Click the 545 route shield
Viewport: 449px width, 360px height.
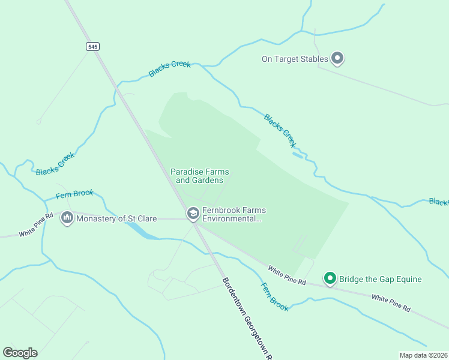(x=92, y=47)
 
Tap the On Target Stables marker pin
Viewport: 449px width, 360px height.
(x=337, y=58)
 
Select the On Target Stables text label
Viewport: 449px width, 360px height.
(x=295, y=59)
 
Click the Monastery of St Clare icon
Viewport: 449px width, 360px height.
(x=67, y=218)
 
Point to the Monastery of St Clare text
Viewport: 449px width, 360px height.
(x=116, y=218)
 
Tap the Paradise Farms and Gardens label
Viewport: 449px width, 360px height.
(x=199, y=176)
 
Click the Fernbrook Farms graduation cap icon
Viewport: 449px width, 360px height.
(x=193, y=213)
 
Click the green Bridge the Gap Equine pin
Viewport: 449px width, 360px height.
(x=330, y=278)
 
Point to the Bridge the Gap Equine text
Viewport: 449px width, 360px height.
(x=380, y=279)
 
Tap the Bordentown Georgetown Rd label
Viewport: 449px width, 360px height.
(x=246, y=318)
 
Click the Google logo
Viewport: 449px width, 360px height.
(x=20, y=353)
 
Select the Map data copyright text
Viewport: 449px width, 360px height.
(x=423, y=355)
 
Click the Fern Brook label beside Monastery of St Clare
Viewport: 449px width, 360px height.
(x=74, y=194)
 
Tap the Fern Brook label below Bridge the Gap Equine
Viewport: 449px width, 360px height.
(x=274, y=296)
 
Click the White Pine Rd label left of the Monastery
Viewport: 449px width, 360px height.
(x=36, y=225)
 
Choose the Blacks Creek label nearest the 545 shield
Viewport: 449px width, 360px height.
(x=169, y=69)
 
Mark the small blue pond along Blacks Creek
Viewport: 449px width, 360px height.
(x=298, y=155)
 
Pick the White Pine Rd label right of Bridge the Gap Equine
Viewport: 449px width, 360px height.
(x=390, y=302)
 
